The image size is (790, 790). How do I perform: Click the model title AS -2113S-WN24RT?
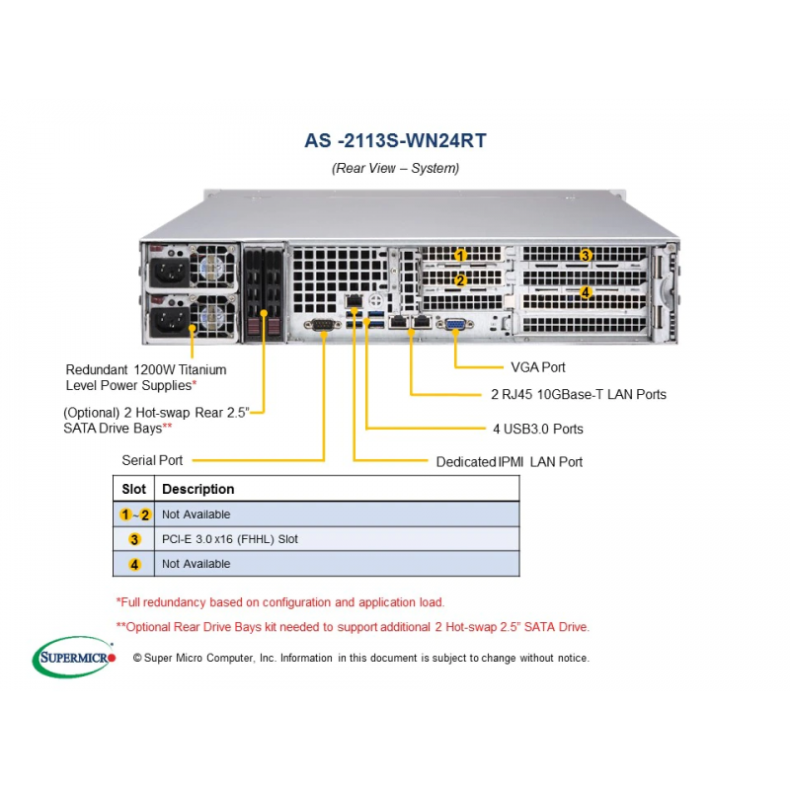[x=396, y=140]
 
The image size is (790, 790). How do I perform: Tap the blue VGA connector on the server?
[x=455, y=324]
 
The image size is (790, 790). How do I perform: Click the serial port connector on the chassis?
[x=323, y=325]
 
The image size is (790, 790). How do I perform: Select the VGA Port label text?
[x=537, y=367]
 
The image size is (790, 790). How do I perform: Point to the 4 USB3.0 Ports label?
[x=537, y=429]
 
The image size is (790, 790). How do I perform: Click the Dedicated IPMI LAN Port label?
[x=509, y=462]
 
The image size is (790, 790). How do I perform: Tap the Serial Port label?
[x=152, y=460]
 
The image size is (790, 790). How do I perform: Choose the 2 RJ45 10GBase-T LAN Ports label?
[x=579, y=394]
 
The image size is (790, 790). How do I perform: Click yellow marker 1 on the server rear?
[x=460, y=256]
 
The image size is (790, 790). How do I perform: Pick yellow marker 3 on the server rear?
[x=585, y=256]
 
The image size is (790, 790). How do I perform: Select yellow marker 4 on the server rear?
[x=585, y=292]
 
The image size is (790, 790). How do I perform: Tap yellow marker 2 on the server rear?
[x=460, y=280]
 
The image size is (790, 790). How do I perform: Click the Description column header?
[x=198, y=489]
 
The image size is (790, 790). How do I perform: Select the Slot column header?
[x=133, y=489]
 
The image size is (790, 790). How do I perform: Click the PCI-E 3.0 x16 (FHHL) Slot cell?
[x=230, y=539]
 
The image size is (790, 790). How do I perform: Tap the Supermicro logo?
[x=74, y=657]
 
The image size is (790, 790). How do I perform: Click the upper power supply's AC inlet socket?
[x=170, y=273]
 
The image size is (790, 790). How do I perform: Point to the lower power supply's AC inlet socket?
[x=170, y=320]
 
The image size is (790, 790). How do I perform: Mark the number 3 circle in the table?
[x=134, y=539]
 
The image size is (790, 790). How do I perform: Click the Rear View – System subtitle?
[x=396, y=168]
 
